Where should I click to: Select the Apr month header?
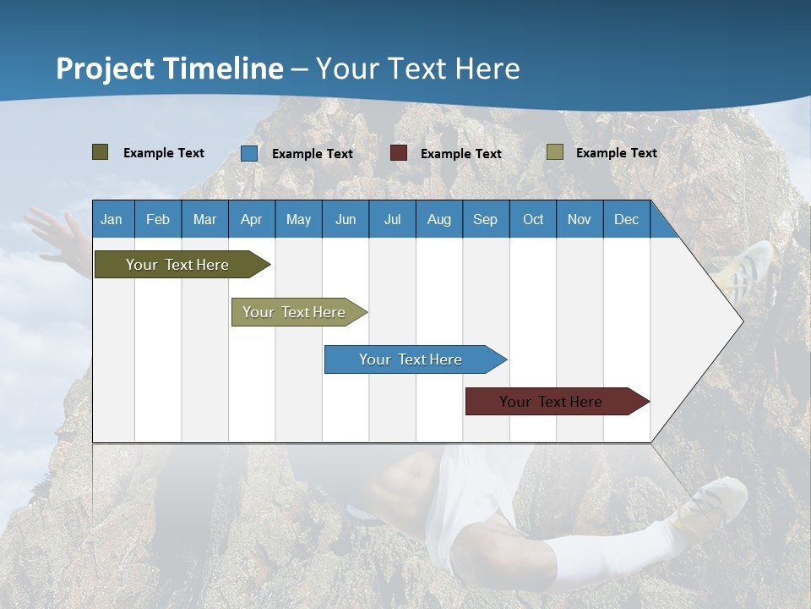(252, 219)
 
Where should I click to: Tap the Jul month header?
(393, 219)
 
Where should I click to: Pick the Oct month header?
(533, 219)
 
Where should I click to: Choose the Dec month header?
(627, 219)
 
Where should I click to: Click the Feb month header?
(158, 219)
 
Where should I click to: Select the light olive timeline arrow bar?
(299, 312)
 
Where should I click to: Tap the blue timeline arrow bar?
(416, 359)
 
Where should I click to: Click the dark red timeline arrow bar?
(558, 401)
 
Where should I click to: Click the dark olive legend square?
(101, 152)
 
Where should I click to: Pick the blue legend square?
(249, 153)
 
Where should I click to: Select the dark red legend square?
(398, 153)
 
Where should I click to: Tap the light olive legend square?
(555, 151)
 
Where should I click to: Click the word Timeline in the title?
(224, 69)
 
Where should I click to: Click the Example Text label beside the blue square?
(313, 154)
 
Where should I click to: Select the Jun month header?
(346, 219)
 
